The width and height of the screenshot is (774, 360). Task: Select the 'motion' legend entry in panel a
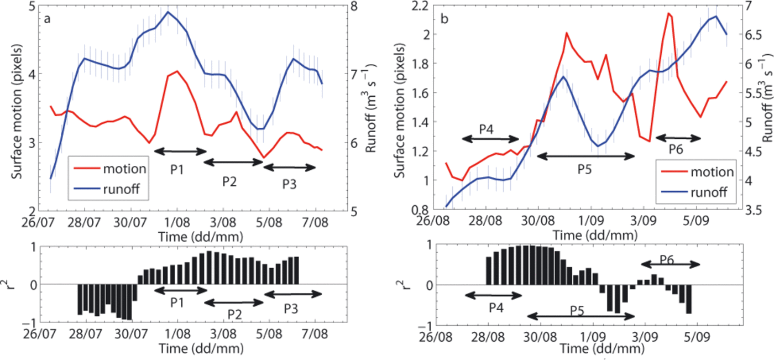click(128, 169)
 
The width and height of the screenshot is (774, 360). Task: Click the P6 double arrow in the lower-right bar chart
click(670, 265)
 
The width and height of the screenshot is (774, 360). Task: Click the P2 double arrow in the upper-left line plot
click(233, 162)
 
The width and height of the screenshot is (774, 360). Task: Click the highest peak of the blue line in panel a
click(168, 12)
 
